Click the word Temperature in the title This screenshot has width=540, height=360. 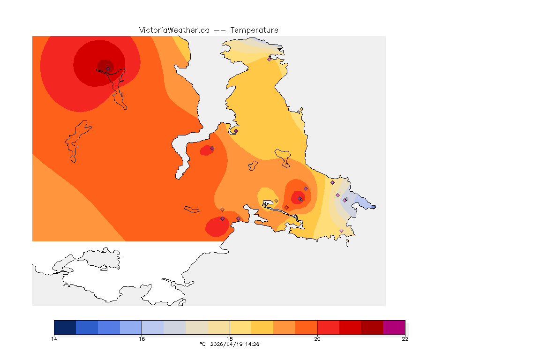[x=254, y=30]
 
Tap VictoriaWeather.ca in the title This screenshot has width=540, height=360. [x=174, y=30]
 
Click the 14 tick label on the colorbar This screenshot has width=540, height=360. [x=54, y=339]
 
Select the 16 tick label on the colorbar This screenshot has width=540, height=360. [x=142, y=339]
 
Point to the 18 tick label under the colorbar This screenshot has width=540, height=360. [x=230, y=339]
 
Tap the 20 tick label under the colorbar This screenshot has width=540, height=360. [x=317, y=339]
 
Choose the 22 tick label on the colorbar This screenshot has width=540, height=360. [x=405, y=339]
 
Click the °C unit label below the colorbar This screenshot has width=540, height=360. [x=202, y=344]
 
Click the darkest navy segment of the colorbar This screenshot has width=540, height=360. [x=65, y=327]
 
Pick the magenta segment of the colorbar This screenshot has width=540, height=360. [x=394, y=327]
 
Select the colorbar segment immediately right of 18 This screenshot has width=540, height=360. [x=240, y=327]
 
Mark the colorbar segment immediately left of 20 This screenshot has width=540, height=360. [x=306, y=327]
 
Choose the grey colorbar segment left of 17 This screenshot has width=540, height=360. [x=175, y=327]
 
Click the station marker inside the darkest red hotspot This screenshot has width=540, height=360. [x=108, y=68]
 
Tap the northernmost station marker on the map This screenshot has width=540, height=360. [x=269, y=59]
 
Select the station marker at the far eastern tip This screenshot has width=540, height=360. [x=374, y=207]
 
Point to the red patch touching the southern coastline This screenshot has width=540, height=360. [x=217, y=227]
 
